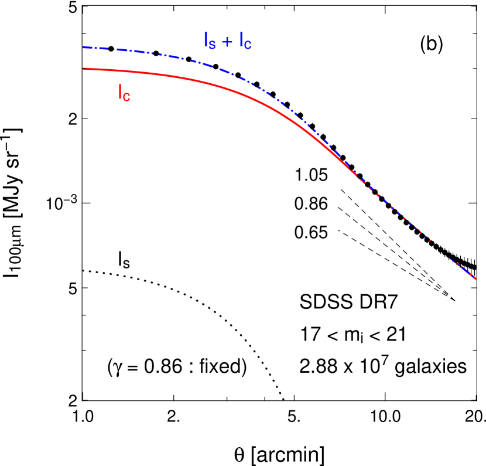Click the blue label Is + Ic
[x=228, y=41]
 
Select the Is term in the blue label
[x=209, y=41]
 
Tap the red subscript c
[x=127, y=97]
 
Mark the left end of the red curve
[x=84, y=69]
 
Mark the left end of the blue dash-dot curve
[x=84, y=47]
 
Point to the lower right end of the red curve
[x=475, y=279]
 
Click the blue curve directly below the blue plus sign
[x=227, y=69]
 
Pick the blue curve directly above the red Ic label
[x=124, y=50]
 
